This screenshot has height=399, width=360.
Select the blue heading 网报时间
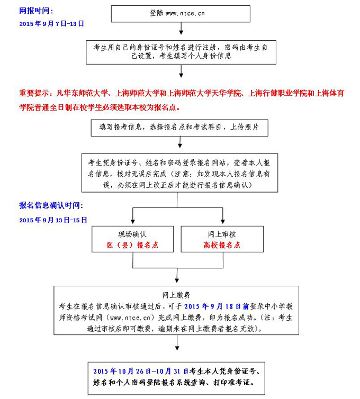(x=36, y=11)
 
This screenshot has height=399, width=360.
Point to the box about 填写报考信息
(x=180, y=128)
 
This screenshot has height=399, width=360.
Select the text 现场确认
(x=132, y=234)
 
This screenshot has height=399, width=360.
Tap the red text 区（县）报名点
(x=132, y=245)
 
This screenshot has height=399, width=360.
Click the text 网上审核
(x=221, y=234)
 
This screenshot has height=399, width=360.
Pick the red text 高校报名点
(x=221, y=245)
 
